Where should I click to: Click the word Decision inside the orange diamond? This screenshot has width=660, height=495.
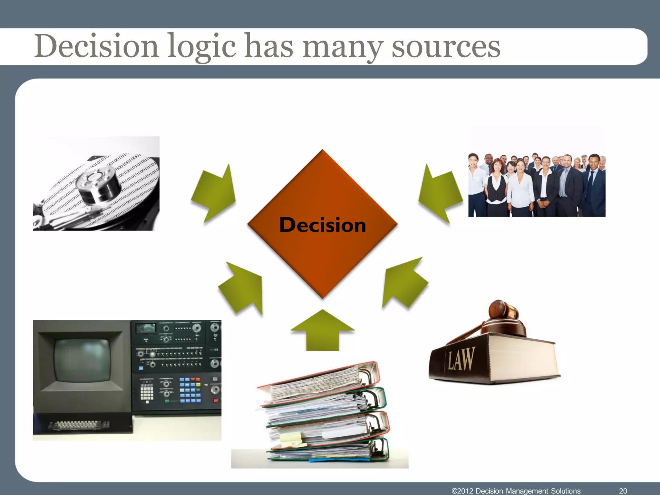tap(323, 225)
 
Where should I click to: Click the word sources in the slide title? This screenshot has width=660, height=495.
tap(446, 47)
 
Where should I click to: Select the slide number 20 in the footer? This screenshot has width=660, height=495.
tap(623, 490)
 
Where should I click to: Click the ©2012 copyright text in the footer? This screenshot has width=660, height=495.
tap(516, 490)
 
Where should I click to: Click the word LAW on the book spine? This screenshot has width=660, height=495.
tap(461, 359)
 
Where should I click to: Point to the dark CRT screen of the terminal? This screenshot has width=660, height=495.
tap(82, 359)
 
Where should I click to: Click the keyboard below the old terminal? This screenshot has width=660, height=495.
tap(79, 425)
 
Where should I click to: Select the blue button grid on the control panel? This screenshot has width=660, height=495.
tap(190, 390)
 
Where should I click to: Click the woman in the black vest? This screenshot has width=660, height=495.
tap(497, 187)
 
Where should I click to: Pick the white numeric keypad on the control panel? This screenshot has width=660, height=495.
tap(147, 392)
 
